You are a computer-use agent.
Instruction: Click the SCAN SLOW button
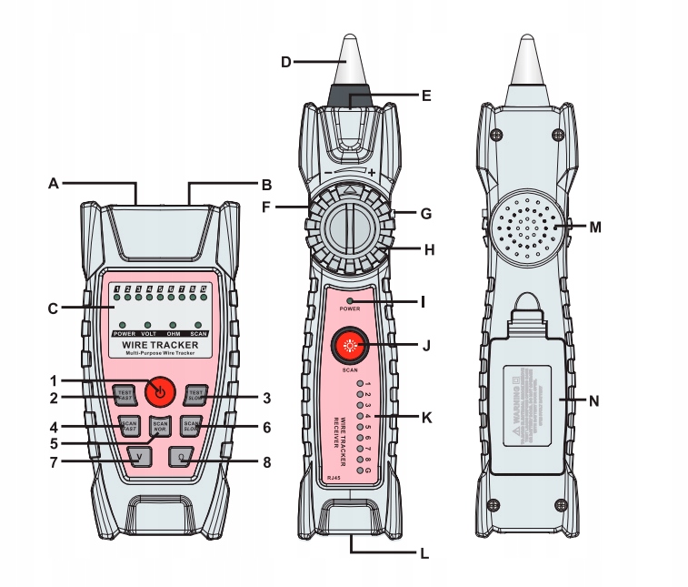(191, 425)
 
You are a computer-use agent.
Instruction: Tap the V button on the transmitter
(138, 457)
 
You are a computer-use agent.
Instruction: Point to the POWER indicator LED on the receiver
(351, 299)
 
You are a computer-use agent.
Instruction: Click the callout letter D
(285, 62)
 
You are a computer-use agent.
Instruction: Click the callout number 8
(266, 461)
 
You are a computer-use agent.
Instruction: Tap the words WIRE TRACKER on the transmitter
(160, 345)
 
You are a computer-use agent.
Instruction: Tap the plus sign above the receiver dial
(372, 172)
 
